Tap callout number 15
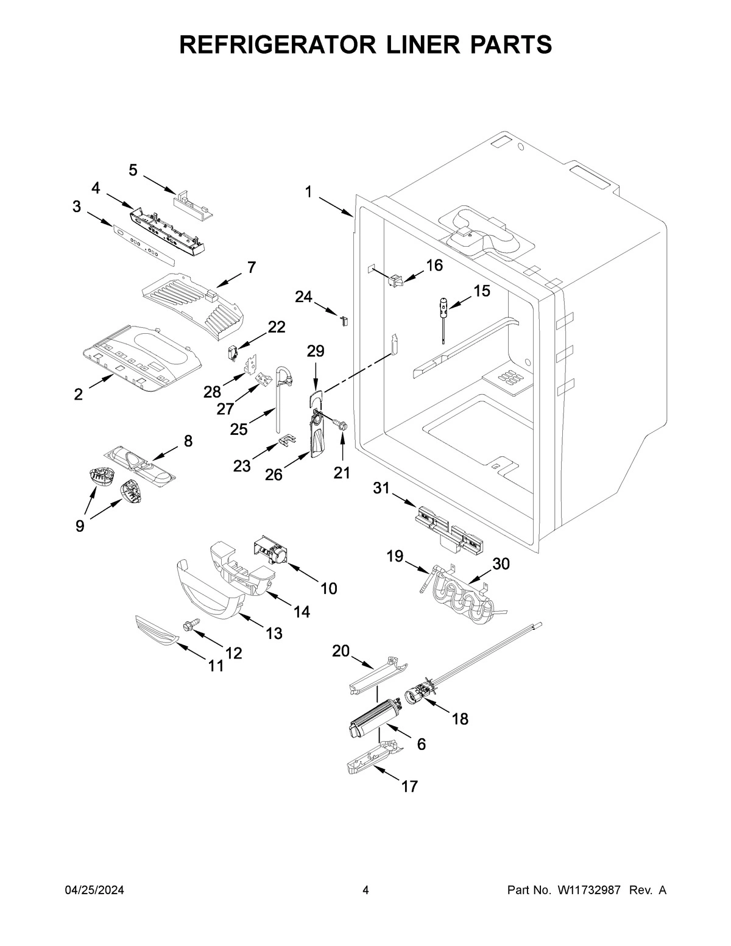481,291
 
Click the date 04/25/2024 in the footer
94,890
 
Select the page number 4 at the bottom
365,890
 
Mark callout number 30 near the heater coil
501,563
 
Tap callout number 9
80,526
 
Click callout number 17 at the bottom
409,786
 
